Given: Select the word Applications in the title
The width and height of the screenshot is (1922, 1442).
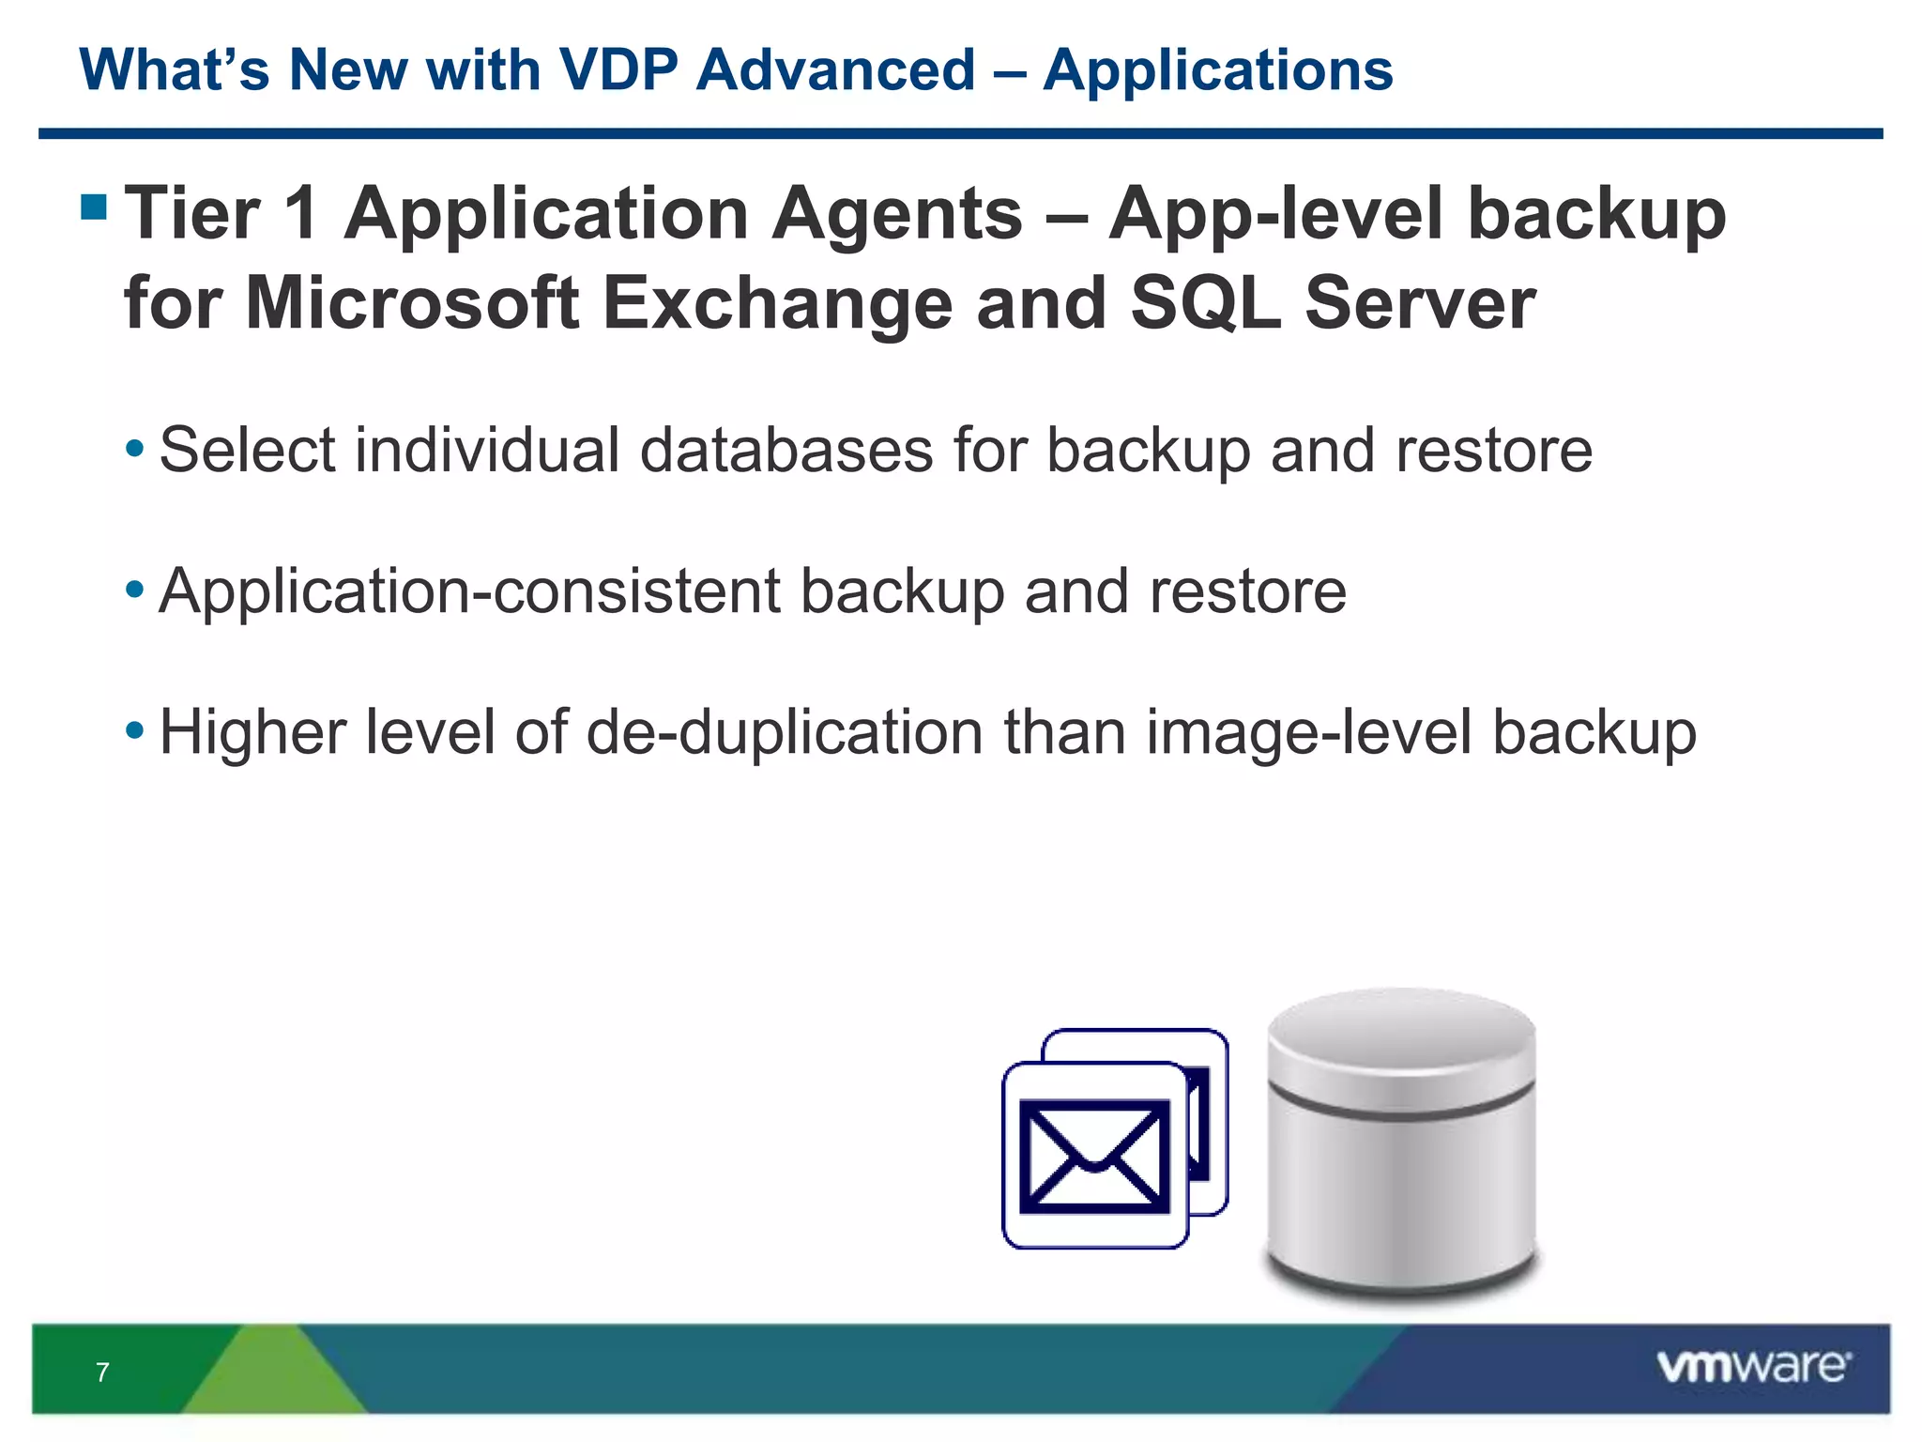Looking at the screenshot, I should click(1217, 71).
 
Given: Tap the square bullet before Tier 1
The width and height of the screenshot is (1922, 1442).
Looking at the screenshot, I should click(94, 206).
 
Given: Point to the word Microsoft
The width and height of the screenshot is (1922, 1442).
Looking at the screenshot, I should click(412, 302).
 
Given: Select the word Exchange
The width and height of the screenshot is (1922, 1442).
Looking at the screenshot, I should click(777, 304).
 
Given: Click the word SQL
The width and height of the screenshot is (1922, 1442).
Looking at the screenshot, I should click(1206, 304).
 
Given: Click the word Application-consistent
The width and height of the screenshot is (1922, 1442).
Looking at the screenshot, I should click(469, 591).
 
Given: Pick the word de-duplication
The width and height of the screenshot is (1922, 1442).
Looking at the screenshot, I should click(785, 732).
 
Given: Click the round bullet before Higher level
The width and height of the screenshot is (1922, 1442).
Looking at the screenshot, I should click(135, 729).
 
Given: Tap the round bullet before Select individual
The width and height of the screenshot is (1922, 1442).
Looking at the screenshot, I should click(135, 447).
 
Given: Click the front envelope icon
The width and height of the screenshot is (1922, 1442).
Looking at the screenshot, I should click(1094, 1156).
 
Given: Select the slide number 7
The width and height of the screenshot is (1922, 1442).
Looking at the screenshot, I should click(102, 1373).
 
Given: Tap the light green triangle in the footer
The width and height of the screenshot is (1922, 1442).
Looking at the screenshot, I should click(272, 1373).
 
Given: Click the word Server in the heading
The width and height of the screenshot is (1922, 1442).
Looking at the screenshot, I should click(1419, 302).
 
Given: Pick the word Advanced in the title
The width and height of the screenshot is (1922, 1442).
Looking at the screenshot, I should click(835, 69).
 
